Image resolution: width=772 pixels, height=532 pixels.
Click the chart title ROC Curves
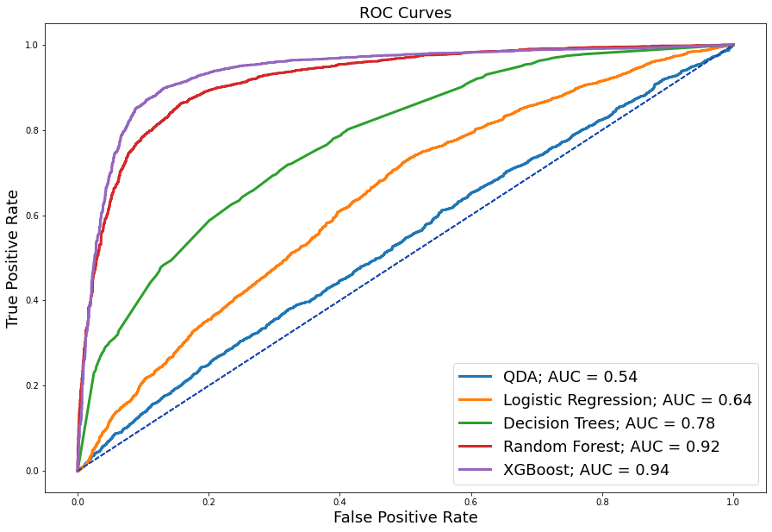(x=405, y=13)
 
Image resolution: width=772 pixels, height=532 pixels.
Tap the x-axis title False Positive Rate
(x=405, y=517)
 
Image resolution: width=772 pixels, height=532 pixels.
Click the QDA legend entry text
(x=570, y=376)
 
